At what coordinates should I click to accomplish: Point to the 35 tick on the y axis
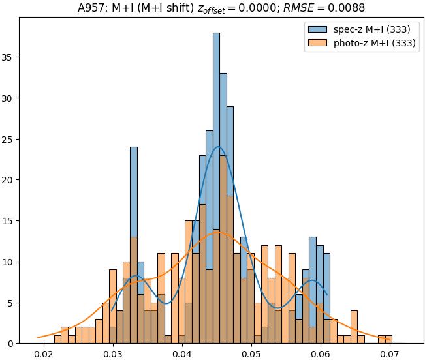point(10,57)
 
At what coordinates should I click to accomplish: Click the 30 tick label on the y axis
point(10,98)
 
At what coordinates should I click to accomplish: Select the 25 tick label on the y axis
point(10,139)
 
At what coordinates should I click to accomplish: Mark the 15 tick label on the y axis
point(10,221)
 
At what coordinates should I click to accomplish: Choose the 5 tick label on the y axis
point(12,303)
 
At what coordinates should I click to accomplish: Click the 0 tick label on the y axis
point(12,344)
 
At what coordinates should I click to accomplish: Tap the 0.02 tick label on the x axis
point(44,354)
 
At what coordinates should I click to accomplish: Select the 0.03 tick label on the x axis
point(113,354)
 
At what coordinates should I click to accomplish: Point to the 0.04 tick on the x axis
point(182,354)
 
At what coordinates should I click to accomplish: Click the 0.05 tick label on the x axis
point(251,354)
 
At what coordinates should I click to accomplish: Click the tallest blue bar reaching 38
point(216,98)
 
